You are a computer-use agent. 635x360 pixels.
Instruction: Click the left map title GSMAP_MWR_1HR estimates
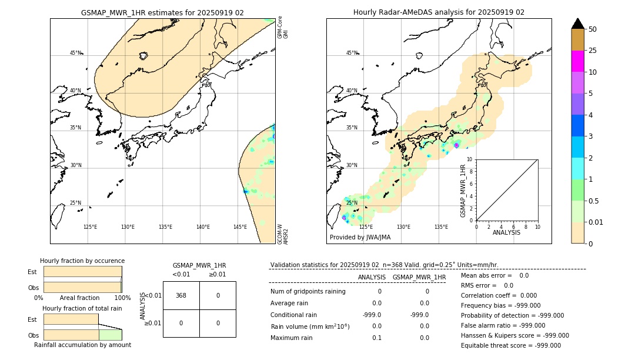[x=162, y=12]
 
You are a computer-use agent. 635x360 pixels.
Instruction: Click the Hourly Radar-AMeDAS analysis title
[x=439, y=12]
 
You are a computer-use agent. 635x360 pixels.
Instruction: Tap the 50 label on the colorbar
[x=593, y=29]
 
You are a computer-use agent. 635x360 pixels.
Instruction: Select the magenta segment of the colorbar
[x=577, y=61]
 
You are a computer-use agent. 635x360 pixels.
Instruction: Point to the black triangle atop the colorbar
[x=577, y=24]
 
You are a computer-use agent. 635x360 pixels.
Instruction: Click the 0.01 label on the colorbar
[x=596, y=222]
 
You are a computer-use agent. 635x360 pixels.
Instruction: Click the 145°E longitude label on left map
[x=240, y=227]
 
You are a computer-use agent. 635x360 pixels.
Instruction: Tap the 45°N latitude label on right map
[x=351, y=53]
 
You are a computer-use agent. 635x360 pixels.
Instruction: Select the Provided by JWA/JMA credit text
[x=360, y=237]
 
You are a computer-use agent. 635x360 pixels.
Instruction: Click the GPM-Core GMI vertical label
[x=283, y=28]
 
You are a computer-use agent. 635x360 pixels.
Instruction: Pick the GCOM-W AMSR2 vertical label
[x=283, y=234]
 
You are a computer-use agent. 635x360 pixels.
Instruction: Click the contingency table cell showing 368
[x=181, y=295]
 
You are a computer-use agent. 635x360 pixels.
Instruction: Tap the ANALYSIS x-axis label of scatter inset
[x=506, y=232]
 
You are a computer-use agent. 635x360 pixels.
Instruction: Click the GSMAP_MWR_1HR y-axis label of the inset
[x=463, y=191]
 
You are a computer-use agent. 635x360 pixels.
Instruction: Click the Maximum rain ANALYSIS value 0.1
[x=376, y=338]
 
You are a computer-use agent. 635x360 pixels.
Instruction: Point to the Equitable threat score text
[x=510, y=345]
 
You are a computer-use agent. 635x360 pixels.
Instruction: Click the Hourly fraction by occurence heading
[x=82, y=261]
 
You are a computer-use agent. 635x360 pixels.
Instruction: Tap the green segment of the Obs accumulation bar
[x=110, y=335]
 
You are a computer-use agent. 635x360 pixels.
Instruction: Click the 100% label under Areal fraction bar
[x=122, y=298]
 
